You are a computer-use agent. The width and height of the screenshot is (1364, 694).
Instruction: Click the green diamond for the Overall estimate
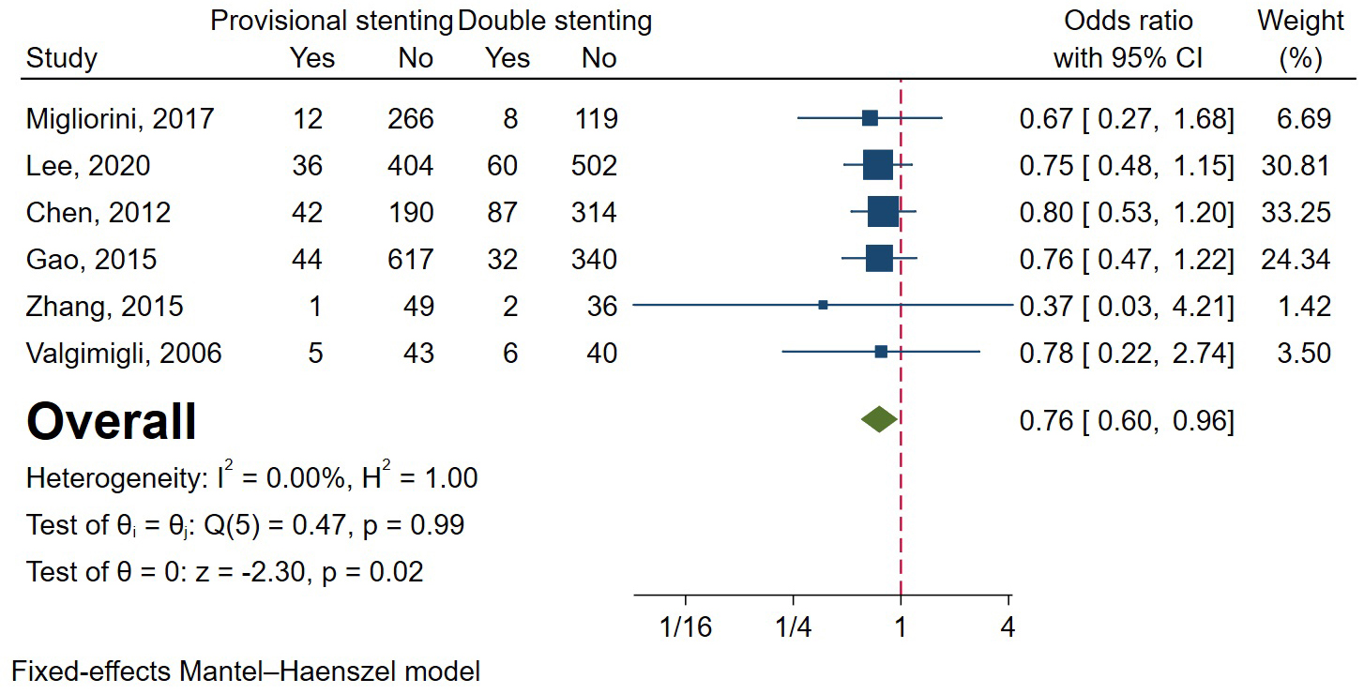point(879,419)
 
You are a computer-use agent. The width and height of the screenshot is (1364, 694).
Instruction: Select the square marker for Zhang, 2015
point(823,305)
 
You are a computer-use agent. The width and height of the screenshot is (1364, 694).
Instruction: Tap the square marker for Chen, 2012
point(883,212)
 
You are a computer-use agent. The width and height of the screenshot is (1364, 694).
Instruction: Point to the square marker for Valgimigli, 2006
point(881,352)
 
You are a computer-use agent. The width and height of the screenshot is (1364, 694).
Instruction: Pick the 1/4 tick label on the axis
point(794,626)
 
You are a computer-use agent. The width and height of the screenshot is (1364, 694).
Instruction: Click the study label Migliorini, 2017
point(120,119)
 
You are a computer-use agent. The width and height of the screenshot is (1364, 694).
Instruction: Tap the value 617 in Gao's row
point(410,259)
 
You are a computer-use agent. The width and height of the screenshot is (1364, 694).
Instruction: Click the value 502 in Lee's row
point(593,166)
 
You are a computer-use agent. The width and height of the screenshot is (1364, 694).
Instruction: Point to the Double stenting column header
point(554,20)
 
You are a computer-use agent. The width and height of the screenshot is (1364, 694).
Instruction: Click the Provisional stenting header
point(331,20)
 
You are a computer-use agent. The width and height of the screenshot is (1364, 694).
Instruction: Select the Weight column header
point(1299,20)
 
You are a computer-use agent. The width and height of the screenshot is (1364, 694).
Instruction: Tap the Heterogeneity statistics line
point(251,477)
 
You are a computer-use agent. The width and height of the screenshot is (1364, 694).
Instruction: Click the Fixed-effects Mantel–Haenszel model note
point(246,671)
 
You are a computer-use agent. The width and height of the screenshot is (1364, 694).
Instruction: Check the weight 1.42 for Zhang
point(1304,305)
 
